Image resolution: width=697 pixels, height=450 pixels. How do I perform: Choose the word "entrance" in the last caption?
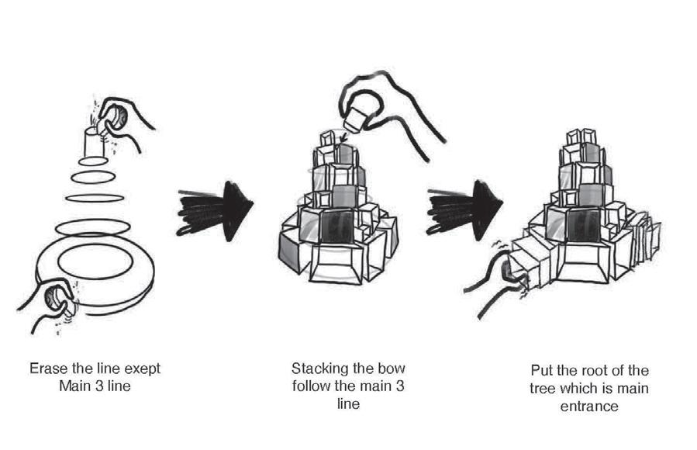tap(590, 406)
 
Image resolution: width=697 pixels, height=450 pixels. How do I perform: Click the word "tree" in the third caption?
tap(546, 389)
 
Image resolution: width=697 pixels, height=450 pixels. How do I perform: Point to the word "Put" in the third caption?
tap(541, 371)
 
